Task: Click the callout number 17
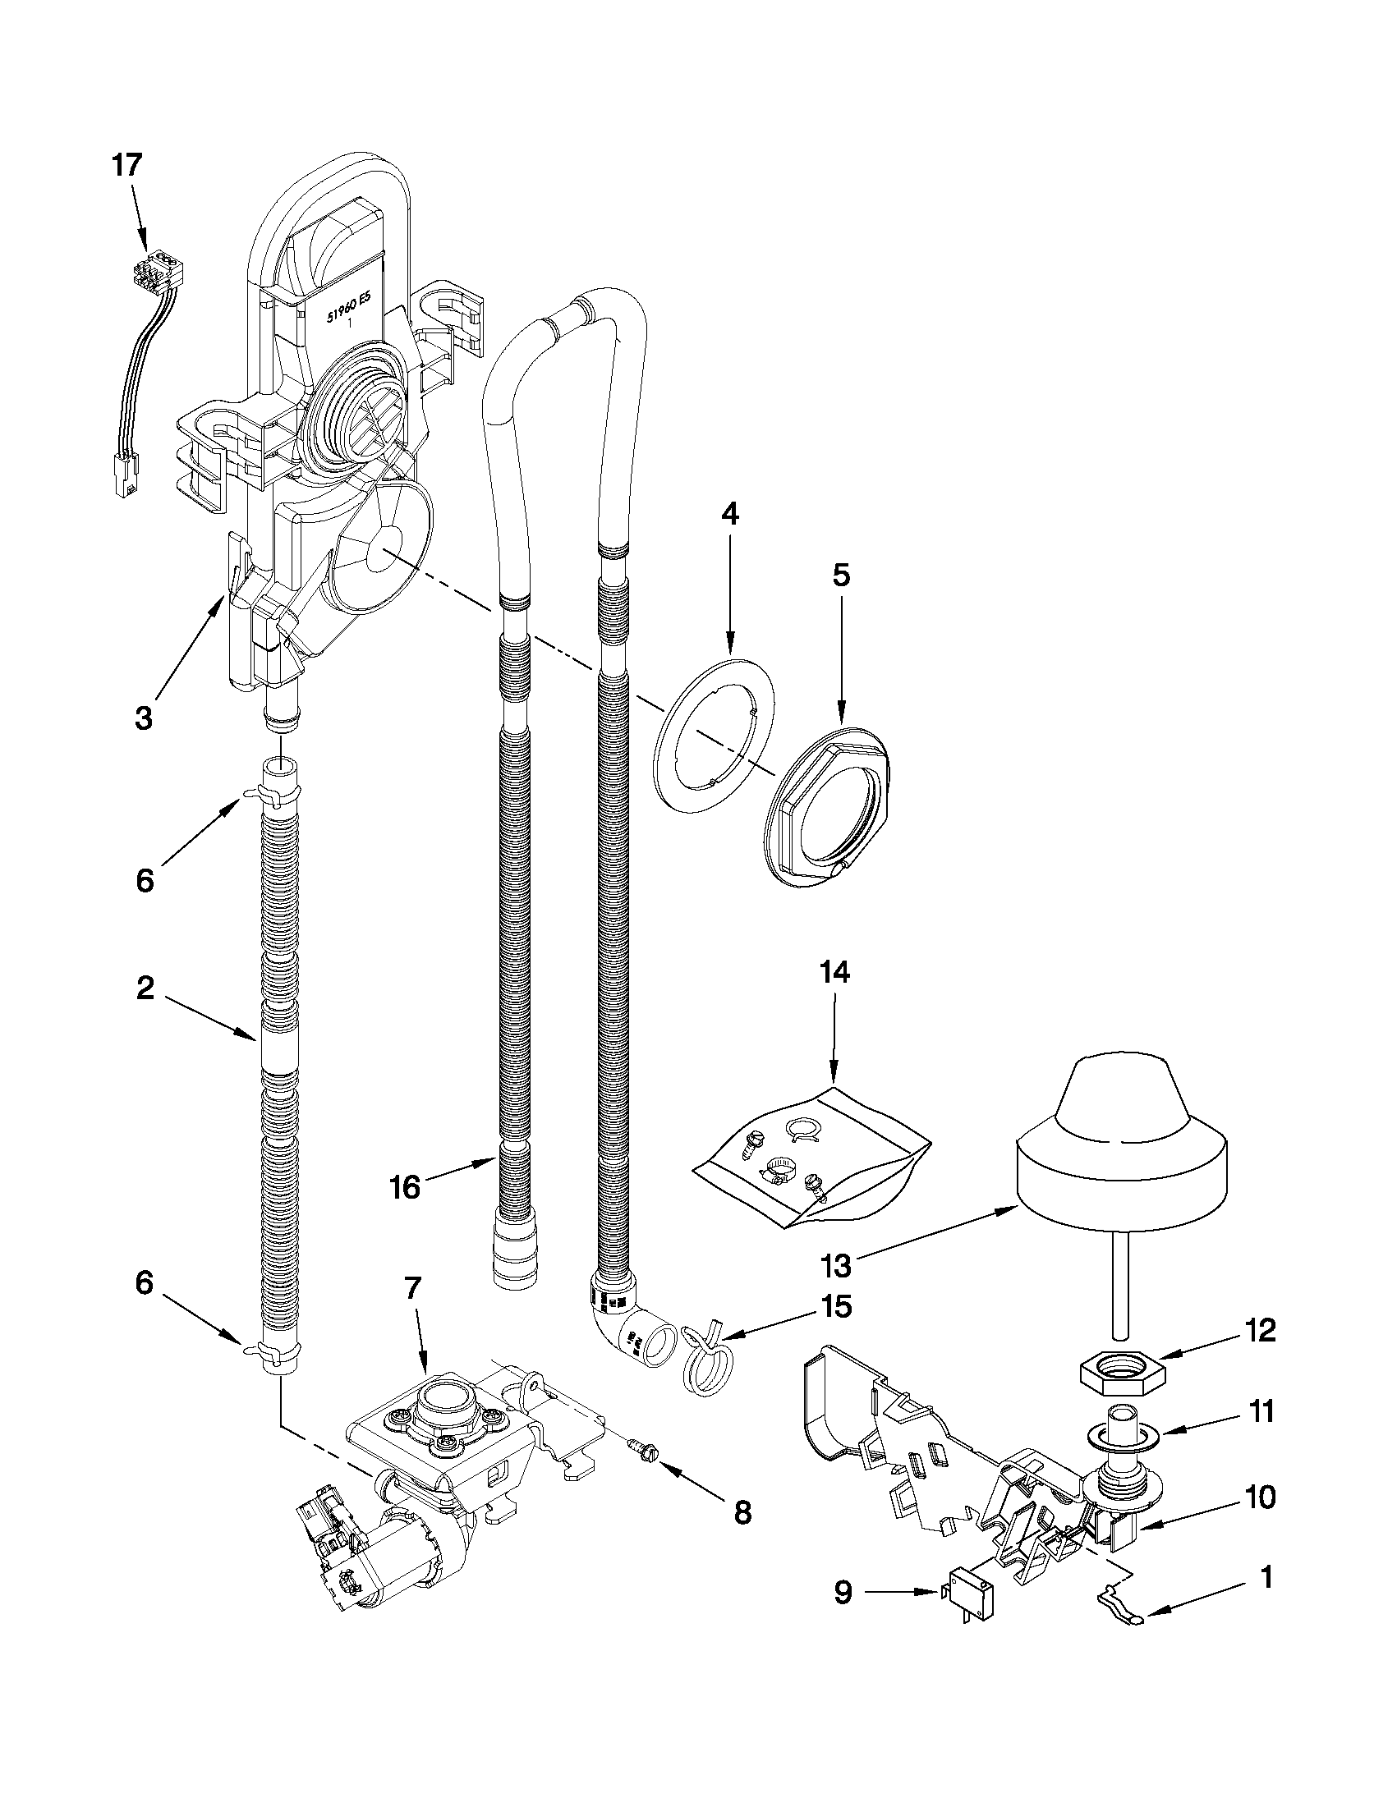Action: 126,166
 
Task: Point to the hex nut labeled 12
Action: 1122,1373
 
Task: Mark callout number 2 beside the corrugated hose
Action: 145,988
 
